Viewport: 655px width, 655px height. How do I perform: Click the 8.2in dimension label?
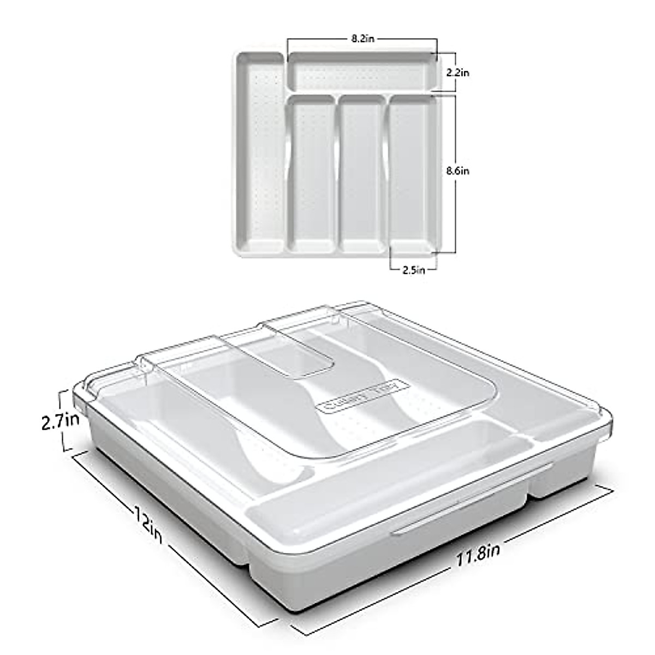coord(362,39)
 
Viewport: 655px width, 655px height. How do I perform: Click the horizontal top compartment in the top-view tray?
coord(362,72)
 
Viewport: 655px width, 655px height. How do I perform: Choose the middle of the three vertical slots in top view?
coord(362,175)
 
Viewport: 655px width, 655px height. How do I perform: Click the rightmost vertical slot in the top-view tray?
coord(412,175)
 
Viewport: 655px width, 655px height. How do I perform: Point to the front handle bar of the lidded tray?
coord(469,499)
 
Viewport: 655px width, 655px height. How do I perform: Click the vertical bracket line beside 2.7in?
coord(67,420)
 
